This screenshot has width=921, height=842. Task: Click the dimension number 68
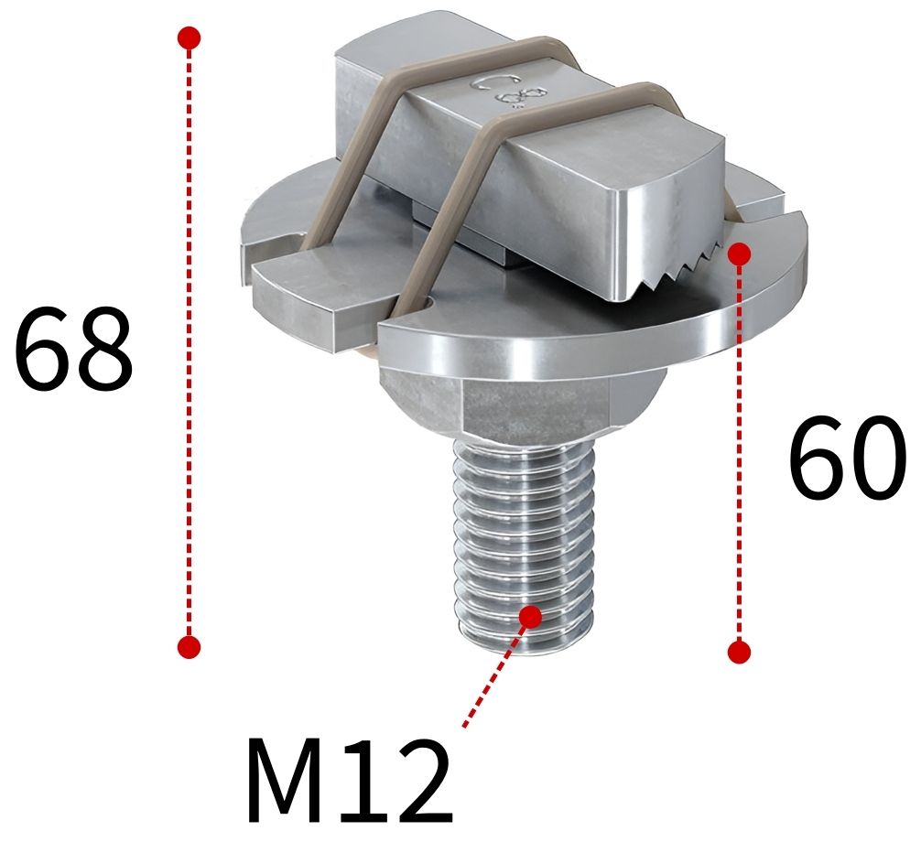point(73,349)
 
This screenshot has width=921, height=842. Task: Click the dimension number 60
point(847,456)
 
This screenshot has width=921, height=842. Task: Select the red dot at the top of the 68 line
point(189,38)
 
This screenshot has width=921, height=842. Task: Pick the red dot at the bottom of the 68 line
point(189,646)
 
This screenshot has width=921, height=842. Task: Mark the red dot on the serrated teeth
point(740,254)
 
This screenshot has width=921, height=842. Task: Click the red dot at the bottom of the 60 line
point(740,652)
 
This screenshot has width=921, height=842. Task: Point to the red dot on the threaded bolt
point(530,616)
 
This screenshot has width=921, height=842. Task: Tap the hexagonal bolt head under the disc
point(513,403)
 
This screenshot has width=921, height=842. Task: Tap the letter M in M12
point(288,783)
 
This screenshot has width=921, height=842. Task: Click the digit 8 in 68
point(103,349)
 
